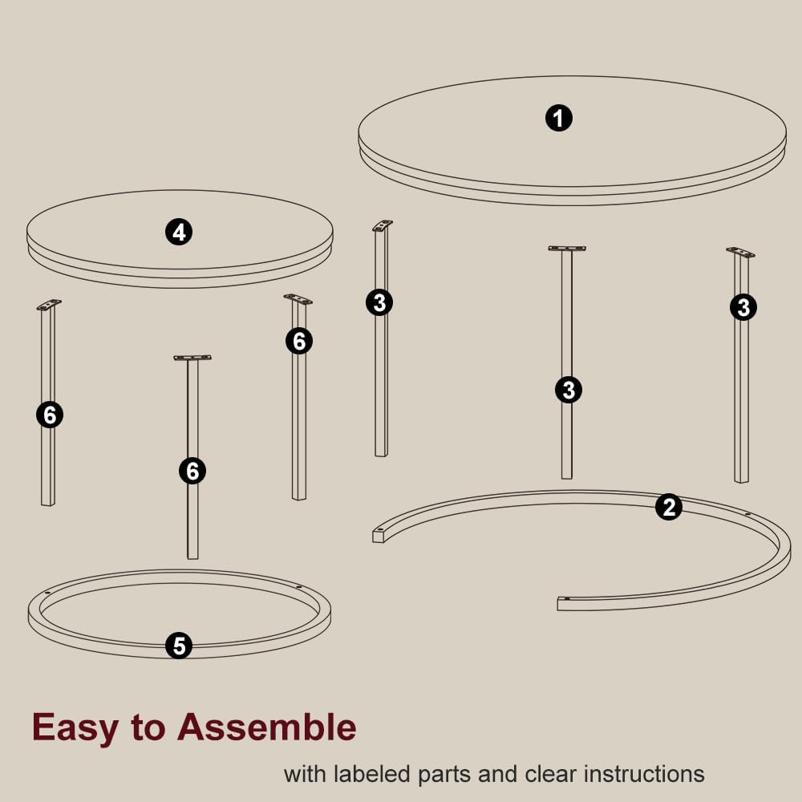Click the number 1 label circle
coord(558,118)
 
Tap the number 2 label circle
coord(669,507)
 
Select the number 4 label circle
coord(179,233)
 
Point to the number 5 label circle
coord(179,646)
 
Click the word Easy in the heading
coord(75,728)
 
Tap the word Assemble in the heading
coord(266,727)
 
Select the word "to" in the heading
coord(148,728)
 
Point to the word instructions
coord(644,774)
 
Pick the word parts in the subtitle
coord(444,776)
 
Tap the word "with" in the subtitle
coord(305,774)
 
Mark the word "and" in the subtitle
coord(498,774)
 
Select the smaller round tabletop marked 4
coord(180,256)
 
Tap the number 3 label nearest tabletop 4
coord(379,302)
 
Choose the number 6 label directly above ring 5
coord(192,471)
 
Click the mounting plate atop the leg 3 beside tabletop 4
coord(383,225)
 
